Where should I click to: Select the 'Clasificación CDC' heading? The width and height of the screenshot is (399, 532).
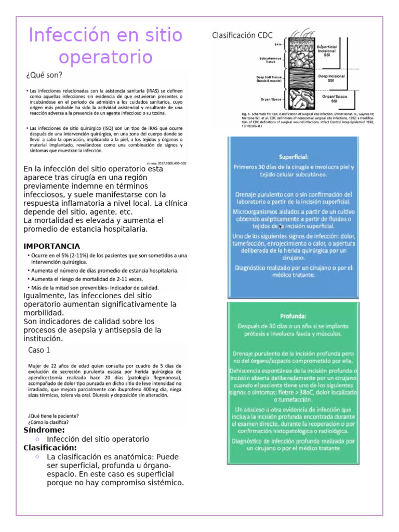pyautogui.click(x=241, y=35)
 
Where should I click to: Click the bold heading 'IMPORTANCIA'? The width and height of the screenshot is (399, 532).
pyautogui.click(x=52, y=246)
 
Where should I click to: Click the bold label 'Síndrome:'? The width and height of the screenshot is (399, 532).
pyautogui.click(x=44, y=430)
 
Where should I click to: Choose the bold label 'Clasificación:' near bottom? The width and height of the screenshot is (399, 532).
pyautogui.click(x=50, y=448)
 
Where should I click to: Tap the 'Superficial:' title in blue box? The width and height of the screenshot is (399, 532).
pyautogui.click(x=294, y=156)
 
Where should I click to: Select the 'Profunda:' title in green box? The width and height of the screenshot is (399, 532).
pyautogui.click(x=293, y=315)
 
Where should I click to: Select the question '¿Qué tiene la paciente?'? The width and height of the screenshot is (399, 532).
pyautogui.click(x=54, y=416)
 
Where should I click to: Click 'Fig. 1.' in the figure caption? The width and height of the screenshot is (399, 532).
pyautogui.click(x=246, y=114)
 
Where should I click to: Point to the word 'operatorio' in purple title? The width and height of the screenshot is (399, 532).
pyautogui.click(x=106, y=57)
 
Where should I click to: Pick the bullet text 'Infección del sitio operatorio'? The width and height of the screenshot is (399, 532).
pyautogui.click(x=98, y=439)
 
